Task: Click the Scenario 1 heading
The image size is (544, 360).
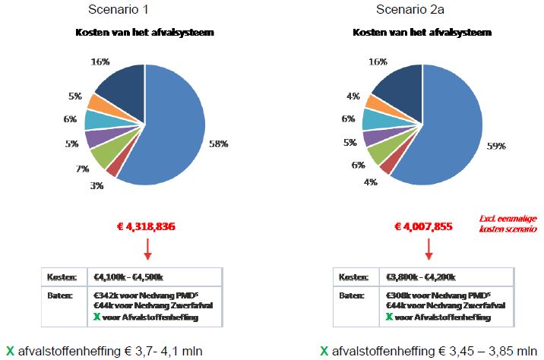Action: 142,9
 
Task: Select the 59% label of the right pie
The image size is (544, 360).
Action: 496,146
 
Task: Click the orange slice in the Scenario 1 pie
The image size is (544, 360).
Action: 100,102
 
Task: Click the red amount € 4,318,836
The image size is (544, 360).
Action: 148,226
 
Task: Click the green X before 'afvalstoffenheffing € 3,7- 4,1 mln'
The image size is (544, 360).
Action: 8,351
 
